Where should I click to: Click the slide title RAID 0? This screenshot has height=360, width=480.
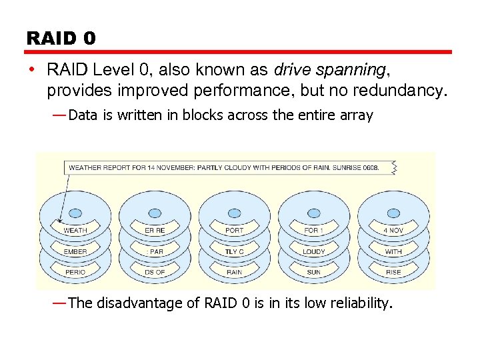click(61, 38)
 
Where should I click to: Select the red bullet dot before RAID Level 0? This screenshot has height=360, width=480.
click(32, 70)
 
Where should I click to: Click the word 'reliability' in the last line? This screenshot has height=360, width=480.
click(358, 303)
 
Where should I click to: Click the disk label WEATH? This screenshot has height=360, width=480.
click(75, 231)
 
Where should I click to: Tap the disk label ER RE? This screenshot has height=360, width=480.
click(155, 231)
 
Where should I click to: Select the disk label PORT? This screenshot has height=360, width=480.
click(234, 231)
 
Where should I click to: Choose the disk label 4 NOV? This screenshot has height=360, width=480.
click(393, 231)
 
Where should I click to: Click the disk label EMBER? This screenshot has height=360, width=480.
click(75, 251)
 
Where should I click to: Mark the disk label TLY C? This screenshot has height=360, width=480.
click(234, 251)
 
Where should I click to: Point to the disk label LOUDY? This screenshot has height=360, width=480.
click(313, 251)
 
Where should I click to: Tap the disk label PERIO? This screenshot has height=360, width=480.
click(75, 272)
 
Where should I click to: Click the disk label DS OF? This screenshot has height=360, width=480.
click(155, 272)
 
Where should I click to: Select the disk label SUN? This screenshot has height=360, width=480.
click(313, 272)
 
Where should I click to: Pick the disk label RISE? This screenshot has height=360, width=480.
click(393, 272)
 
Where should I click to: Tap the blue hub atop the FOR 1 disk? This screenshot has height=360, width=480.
click(313, 213)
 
